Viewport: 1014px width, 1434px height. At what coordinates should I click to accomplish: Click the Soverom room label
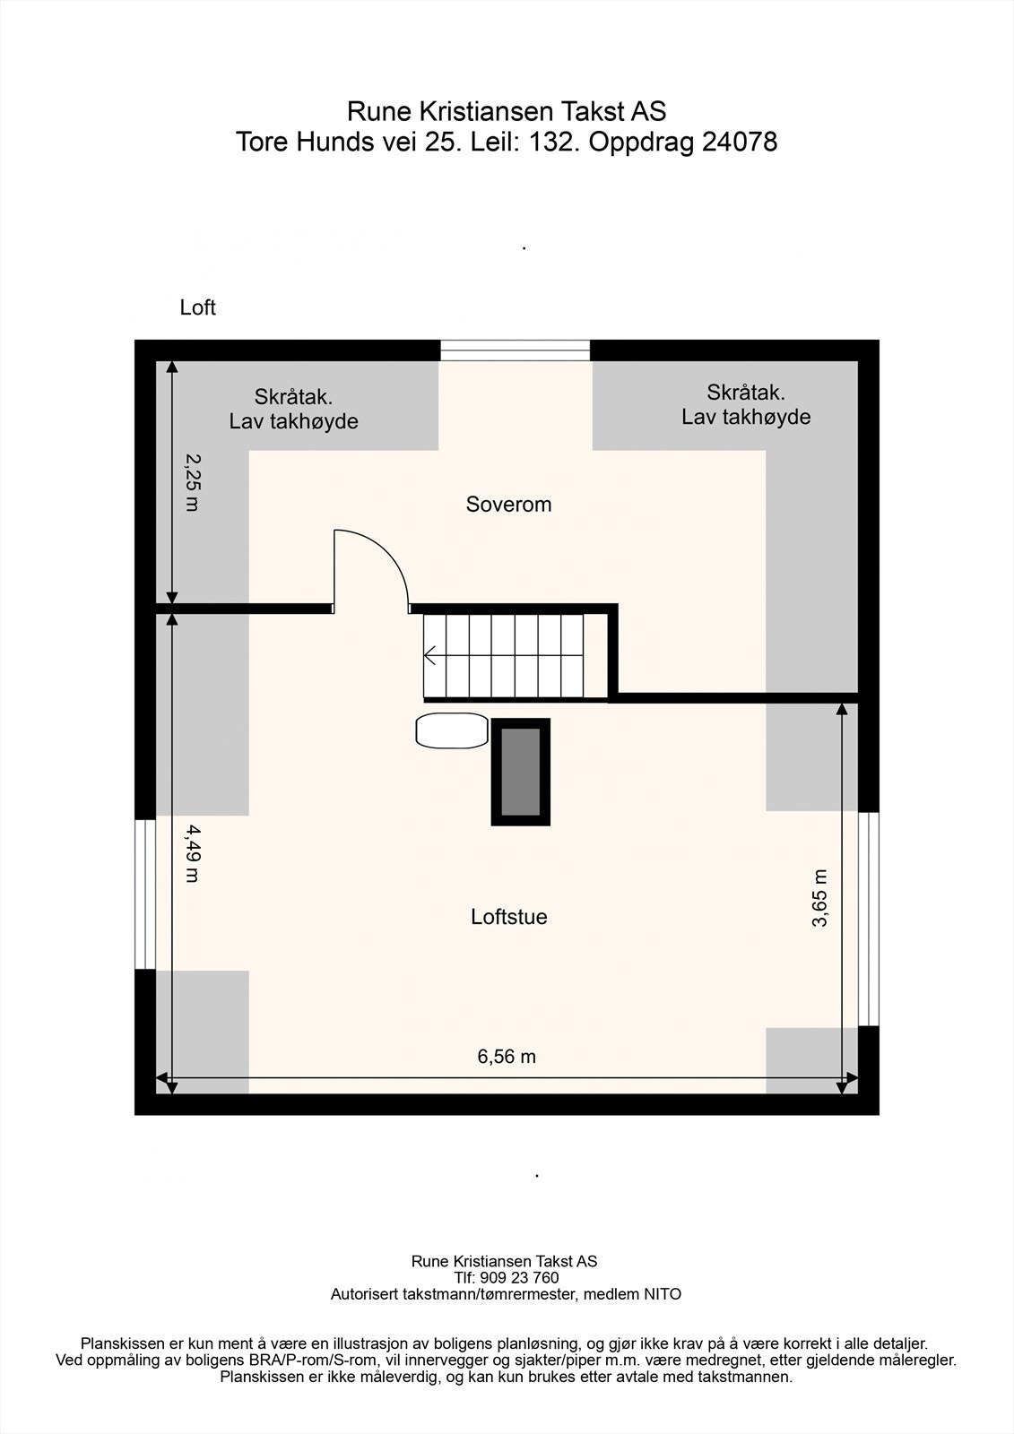(508, 505)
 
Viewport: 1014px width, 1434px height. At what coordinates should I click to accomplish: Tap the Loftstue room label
(508, 917)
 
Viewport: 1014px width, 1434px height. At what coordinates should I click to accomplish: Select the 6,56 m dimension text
(507, 1057)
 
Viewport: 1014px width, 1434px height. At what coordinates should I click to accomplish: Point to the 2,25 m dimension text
(192, 481)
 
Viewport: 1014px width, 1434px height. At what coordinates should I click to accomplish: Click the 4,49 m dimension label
(192, 853)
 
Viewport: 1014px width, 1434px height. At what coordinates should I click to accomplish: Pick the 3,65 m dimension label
(819, 898)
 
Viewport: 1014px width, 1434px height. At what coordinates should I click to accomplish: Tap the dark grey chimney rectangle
(520, 772)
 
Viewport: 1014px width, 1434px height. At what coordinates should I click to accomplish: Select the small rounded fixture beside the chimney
(453, 730)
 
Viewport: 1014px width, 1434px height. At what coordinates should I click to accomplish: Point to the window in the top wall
(516, 350)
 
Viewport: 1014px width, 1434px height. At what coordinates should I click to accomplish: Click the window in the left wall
(144, 894)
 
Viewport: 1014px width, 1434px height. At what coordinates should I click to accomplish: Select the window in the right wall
(869, 918)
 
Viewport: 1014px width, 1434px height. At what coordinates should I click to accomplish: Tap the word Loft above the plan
(197, 308)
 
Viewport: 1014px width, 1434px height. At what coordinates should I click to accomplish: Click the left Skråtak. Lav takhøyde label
(293, 409)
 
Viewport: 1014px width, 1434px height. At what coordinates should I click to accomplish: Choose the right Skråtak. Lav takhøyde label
(746, 404)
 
